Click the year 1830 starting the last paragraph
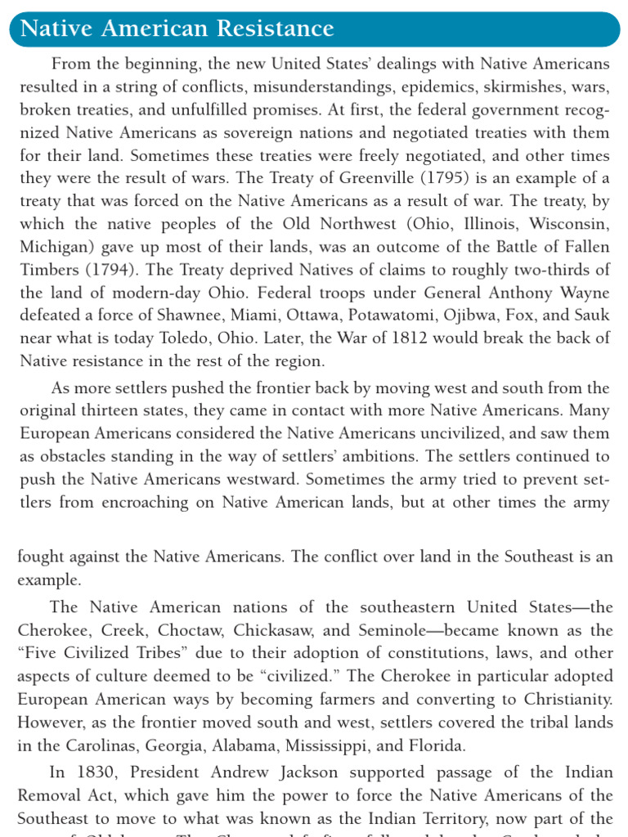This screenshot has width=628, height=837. click(x=92, y=772)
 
